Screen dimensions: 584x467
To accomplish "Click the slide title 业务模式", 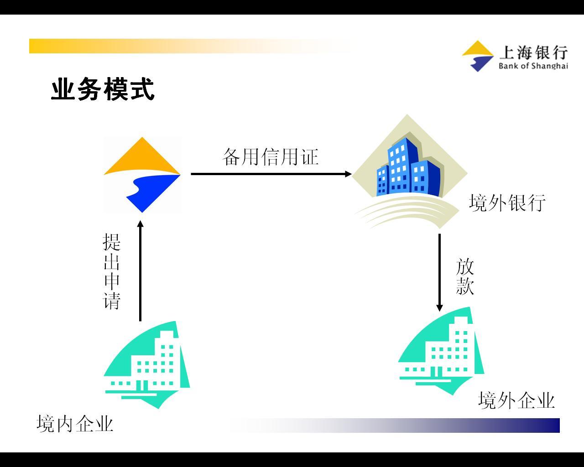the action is pos(103,89).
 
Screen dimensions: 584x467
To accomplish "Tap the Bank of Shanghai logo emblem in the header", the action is pos(478,56).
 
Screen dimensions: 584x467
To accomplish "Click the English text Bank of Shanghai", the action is pos(533,66).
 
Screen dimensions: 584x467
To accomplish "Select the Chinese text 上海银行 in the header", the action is pos(533,52).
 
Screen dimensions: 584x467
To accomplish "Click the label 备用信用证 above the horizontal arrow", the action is pos(270,157).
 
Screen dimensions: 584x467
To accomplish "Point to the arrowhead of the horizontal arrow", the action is pos(349,174).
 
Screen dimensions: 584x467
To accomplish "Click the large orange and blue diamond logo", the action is pos(142,175).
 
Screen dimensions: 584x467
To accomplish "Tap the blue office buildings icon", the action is pos(409,171).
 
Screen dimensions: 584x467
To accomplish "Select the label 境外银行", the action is pos(507,202).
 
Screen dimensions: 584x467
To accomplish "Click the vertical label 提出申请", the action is pos(111,271).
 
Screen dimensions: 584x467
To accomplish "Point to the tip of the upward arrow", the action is pos(141,221).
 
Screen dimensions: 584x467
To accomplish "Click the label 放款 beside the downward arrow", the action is pos(464,276).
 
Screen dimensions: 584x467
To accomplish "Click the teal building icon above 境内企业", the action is pos(147,365).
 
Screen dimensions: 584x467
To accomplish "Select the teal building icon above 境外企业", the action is pos(441,351).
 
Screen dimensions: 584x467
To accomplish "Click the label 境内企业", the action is pos(75,424).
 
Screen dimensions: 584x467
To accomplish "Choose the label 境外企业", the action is pos(516,400).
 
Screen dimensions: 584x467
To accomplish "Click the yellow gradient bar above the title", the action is pos(190,46).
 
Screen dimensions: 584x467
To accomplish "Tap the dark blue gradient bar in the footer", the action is pos(394,425).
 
